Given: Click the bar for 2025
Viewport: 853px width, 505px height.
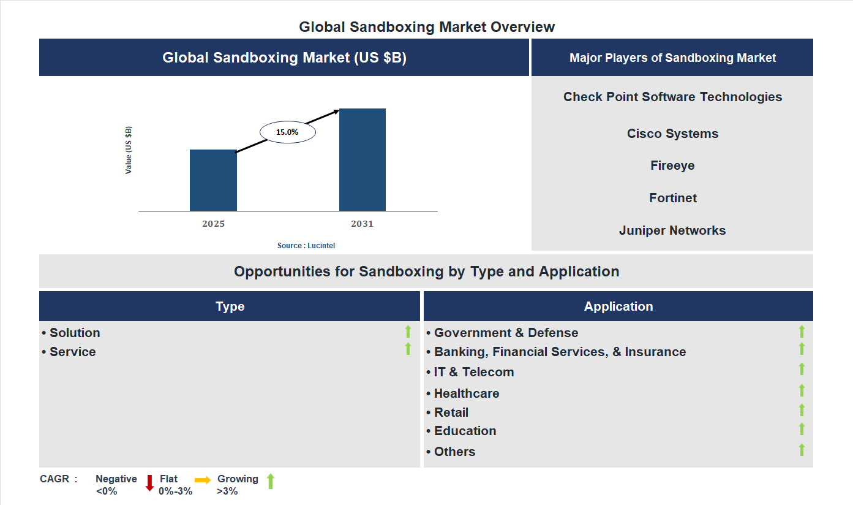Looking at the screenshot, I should coord(213,180).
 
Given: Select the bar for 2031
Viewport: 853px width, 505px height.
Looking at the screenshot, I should coord(363,160).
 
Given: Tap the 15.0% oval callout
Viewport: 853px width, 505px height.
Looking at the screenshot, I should coord(287,132).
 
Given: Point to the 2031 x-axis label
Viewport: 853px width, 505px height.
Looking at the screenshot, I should coord(362,224).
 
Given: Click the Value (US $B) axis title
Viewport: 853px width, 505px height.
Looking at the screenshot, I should coord(129,150).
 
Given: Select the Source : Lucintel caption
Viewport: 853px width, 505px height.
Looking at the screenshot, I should coord(306,246).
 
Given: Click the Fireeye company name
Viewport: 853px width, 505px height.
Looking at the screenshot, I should coord(672,165).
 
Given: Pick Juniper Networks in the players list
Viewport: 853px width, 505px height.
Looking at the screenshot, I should coord(672,230).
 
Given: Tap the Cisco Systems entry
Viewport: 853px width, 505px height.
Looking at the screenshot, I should coord(672,134).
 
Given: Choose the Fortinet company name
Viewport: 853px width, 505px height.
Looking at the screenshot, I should coord(673,198).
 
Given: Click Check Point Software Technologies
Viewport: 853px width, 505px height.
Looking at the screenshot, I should coord(672,97).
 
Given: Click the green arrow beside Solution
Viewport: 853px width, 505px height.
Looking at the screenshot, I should coord(408,332).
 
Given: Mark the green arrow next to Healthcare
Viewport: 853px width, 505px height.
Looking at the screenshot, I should coord(802,390).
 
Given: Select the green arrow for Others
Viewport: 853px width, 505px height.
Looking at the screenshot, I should coord(802,449).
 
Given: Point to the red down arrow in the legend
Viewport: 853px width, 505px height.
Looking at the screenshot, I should coord(149,483).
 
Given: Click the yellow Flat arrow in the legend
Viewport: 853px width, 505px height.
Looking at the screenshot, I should coord(203,480).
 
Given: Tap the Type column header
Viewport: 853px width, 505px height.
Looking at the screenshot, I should coord(230,306).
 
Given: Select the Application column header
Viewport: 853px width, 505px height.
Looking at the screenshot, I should coord(618,306).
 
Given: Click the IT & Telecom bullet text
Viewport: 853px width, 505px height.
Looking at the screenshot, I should coord(474,372).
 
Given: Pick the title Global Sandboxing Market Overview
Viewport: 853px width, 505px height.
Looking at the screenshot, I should coord(427,27).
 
